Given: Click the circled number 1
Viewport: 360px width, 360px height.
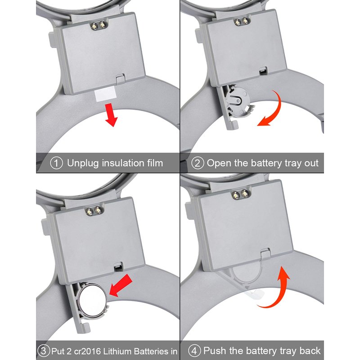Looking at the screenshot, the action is pos(56,163).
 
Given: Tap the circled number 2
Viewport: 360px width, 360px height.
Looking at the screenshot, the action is pos(198,163).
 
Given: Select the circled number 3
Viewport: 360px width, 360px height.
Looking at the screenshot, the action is pos(43,351).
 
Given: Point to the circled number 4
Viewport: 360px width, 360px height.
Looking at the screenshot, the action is pos(194,351).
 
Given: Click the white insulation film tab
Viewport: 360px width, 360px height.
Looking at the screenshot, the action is pos(105,94).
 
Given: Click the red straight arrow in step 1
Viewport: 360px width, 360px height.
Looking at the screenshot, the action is pos(111,115).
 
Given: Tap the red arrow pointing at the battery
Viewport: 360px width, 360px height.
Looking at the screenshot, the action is pos(121,285).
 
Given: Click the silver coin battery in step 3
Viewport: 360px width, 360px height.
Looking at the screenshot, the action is pos(92,301).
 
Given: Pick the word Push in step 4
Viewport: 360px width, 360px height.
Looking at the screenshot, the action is pos(215,351).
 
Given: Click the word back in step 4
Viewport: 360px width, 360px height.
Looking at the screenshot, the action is pos(310,351).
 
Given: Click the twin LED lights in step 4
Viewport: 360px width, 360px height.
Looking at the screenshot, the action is pos(240,195).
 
